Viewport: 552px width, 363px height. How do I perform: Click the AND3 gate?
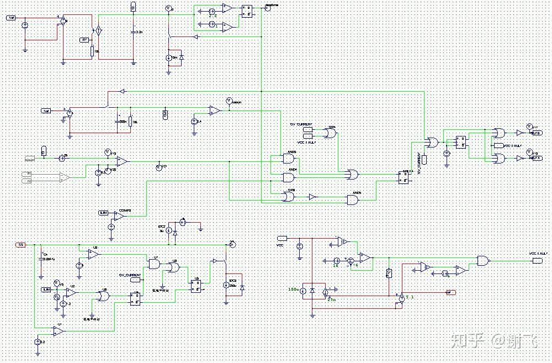(x=289, y=159)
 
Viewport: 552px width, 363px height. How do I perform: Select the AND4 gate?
(x=289, y=177)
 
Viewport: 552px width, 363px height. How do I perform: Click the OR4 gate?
(x=330, y=133)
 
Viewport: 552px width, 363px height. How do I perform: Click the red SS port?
(x=20, y=244)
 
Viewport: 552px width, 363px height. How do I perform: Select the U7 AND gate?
(x=155, y=264)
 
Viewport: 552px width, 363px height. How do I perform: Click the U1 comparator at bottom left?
(x=58, y=330)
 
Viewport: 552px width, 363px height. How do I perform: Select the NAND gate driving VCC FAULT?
(x=484, y=261)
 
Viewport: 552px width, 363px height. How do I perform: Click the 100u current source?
(x=303, y=290)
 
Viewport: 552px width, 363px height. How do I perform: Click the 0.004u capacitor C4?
(x=41, y=260)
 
